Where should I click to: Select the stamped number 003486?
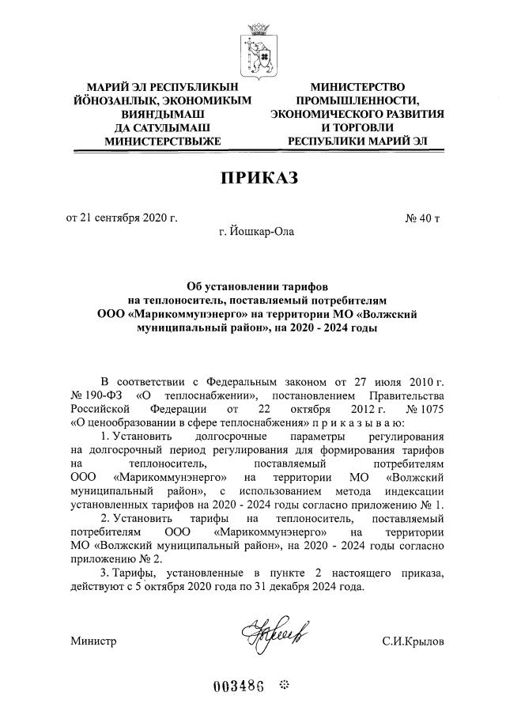(237, 684)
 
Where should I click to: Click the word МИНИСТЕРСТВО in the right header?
(357, 86)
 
